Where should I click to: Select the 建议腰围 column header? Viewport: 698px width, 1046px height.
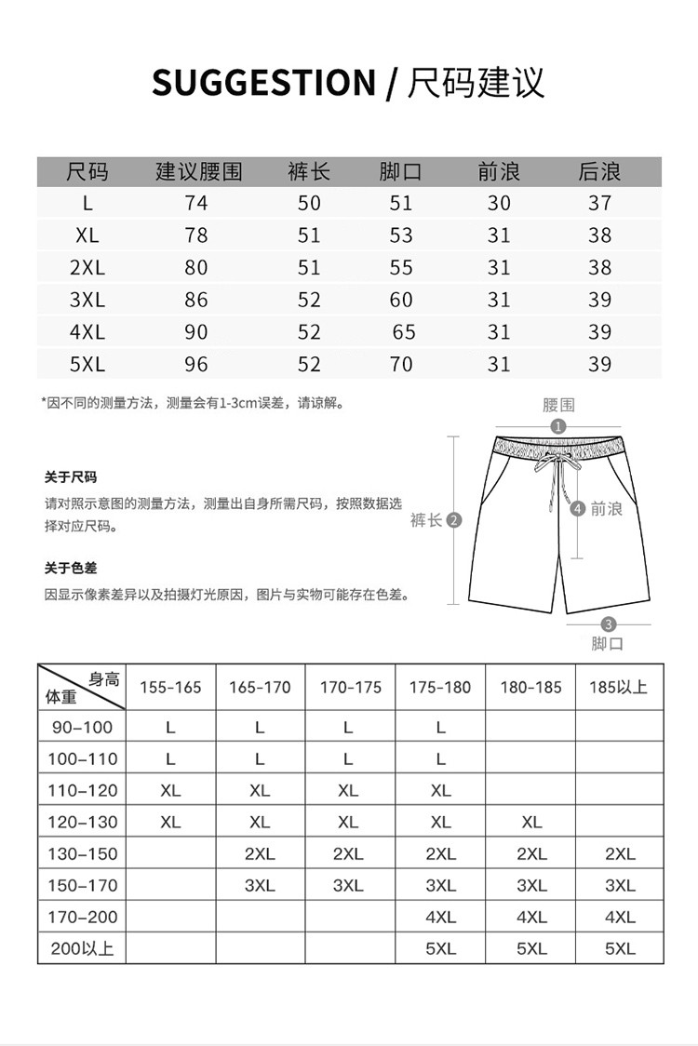(x=197, y=172)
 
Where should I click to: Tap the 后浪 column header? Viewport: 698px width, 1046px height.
(x=599, y=172)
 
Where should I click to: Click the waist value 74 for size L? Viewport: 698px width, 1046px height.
(x=196, y=204)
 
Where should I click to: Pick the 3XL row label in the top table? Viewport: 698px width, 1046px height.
(x=87, y=300)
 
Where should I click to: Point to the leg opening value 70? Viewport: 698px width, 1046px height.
(x=401, y=364)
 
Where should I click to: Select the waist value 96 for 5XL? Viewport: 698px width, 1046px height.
(x=196, y=364)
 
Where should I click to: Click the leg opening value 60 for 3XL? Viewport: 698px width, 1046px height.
(x=401, y=300)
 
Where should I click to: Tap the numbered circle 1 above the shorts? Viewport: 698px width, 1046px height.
(x=558, y=426)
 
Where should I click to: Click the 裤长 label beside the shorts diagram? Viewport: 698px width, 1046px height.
(x=426, y=520)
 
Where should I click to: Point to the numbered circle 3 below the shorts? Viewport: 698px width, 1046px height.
(x=609, y=624)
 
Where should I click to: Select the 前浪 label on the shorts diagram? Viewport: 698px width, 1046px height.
(x=606, y=509)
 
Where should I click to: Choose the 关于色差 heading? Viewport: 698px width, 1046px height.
(x=71, y=568)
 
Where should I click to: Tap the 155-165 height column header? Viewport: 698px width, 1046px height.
(x=170, y=688)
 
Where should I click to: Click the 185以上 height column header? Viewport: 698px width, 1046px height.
(x=619, y=688)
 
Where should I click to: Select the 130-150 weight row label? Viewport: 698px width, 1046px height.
(x=83, y=854)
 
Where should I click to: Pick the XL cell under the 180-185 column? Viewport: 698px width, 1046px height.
(x=531, y=822)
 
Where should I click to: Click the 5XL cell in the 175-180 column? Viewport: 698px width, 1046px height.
(x=440, y=949)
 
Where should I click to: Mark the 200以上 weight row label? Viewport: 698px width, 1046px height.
(x=81, y=949)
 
